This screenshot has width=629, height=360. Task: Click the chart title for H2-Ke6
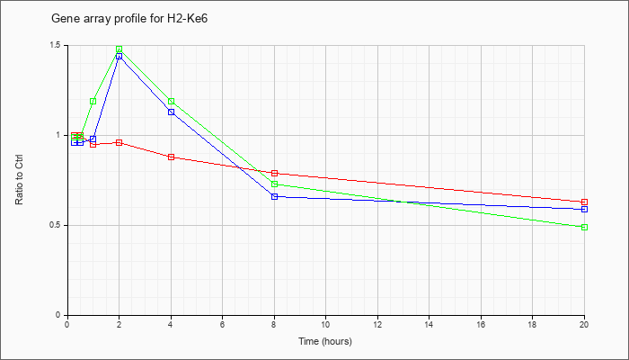pos(129,19)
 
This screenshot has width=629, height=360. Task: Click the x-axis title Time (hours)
pos(325,341)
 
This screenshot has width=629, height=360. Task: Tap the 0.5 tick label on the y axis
pos(58,225)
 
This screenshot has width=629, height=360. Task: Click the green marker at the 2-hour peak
pos(120,49)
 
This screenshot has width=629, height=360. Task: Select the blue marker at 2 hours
pos(120,56)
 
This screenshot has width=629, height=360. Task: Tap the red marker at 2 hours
pos(120,142)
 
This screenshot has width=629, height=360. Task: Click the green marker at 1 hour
pos(93,101)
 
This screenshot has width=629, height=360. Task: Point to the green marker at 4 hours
pos(172,101)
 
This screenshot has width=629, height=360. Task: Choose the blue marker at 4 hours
pos(172,112)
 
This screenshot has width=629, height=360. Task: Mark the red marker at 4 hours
pos(172,157)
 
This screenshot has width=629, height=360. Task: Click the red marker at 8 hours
pos(275,173)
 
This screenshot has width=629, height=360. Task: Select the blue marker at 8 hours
pos(275,196)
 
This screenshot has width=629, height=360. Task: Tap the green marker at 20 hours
pos(584,228)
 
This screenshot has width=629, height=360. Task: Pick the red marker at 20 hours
pos(584,202)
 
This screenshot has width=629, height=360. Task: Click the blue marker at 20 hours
pos(584,210)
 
